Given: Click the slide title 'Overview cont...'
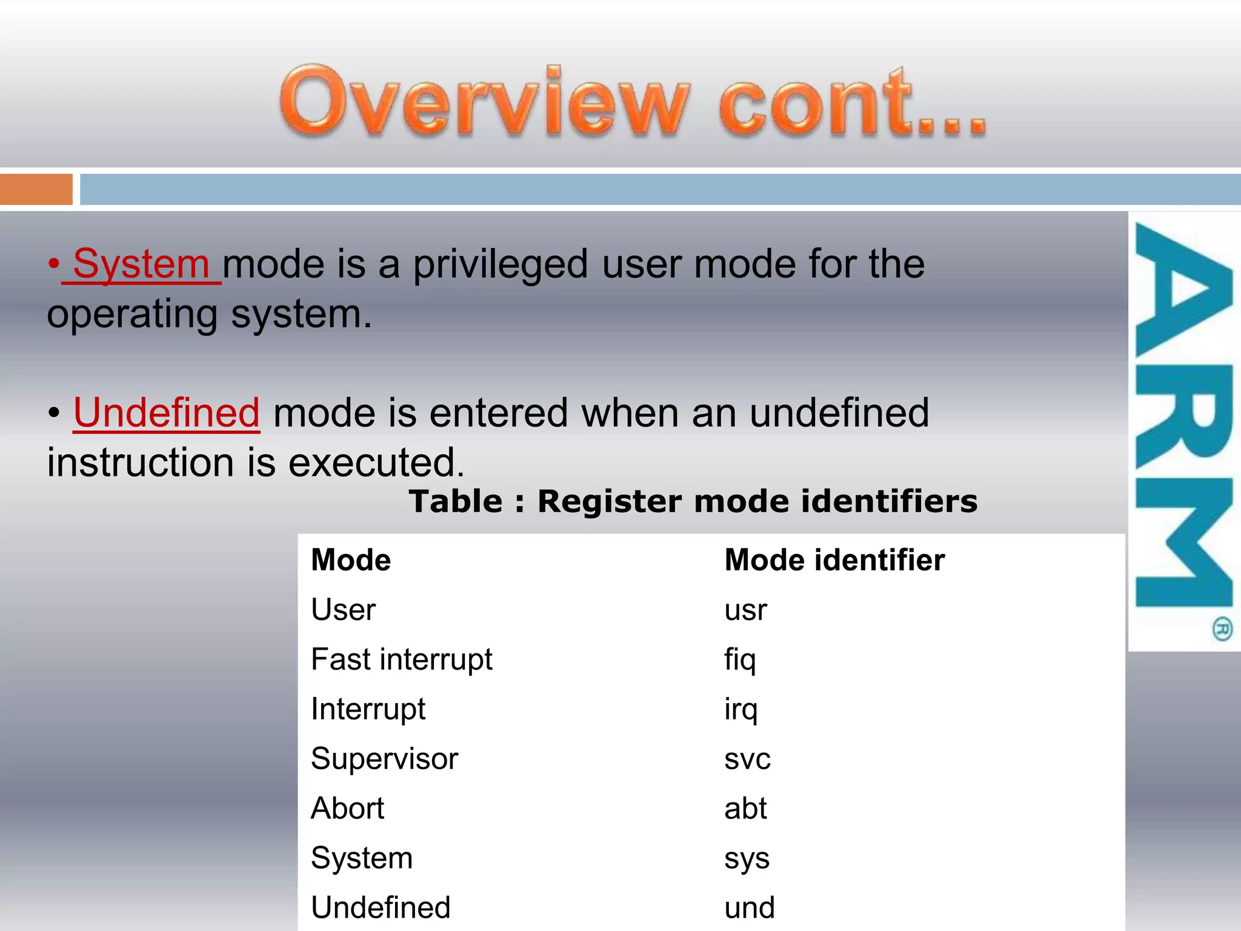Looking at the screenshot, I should click(x=633, y=101).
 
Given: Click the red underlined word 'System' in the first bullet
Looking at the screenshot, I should click(x=141, y=265).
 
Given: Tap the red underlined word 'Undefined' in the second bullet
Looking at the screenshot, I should click(x=167, y=413).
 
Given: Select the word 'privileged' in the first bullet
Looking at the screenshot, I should click(x=501, y=265).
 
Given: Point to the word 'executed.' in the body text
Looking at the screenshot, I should click(x=376, y=463).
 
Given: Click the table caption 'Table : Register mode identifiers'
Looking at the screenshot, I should click(x=693, y=502).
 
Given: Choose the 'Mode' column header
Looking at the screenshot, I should click(x=351, y=560).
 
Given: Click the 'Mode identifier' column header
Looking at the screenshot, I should click(x=834, y=560).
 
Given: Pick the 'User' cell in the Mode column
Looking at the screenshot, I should click(x=343, y=610).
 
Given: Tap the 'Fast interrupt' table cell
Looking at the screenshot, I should click(x=401, y=659).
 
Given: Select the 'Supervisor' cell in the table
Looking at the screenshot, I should click(x=384, y=759).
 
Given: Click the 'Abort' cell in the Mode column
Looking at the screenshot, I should click(x=347, y=809).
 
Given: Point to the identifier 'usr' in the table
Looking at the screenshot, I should click(x=745, y=610).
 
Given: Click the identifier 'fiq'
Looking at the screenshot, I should click(x=740, y=660).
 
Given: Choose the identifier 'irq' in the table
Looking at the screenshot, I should click(x=740, y=710).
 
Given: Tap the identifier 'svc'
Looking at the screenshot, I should click(x=747, y=759).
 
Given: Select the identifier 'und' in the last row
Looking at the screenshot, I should click(x=750, y=908).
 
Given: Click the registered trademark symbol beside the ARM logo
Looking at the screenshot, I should click(x=1222, y=629).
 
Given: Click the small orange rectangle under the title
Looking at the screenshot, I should click(x=36, y=190).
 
